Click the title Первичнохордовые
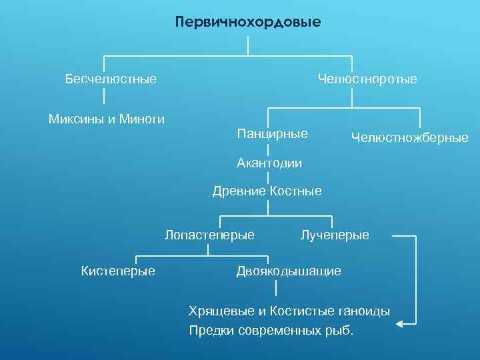(x=248, y=23)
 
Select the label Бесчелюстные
(x=111, y=79)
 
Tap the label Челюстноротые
(x=367, y=79)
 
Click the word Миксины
(x=73, y=119)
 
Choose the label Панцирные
(x=272, y=133)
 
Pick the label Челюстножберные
(x=409, y=138)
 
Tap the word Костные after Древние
(x=295, y=192)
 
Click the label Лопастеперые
(x=209, y=235)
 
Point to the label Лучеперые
(x=335, y=235)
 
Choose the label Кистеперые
(x=118, y=271)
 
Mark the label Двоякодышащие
(x=289, y=271)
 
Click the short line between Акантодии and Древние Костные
(x=268, y=177)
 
